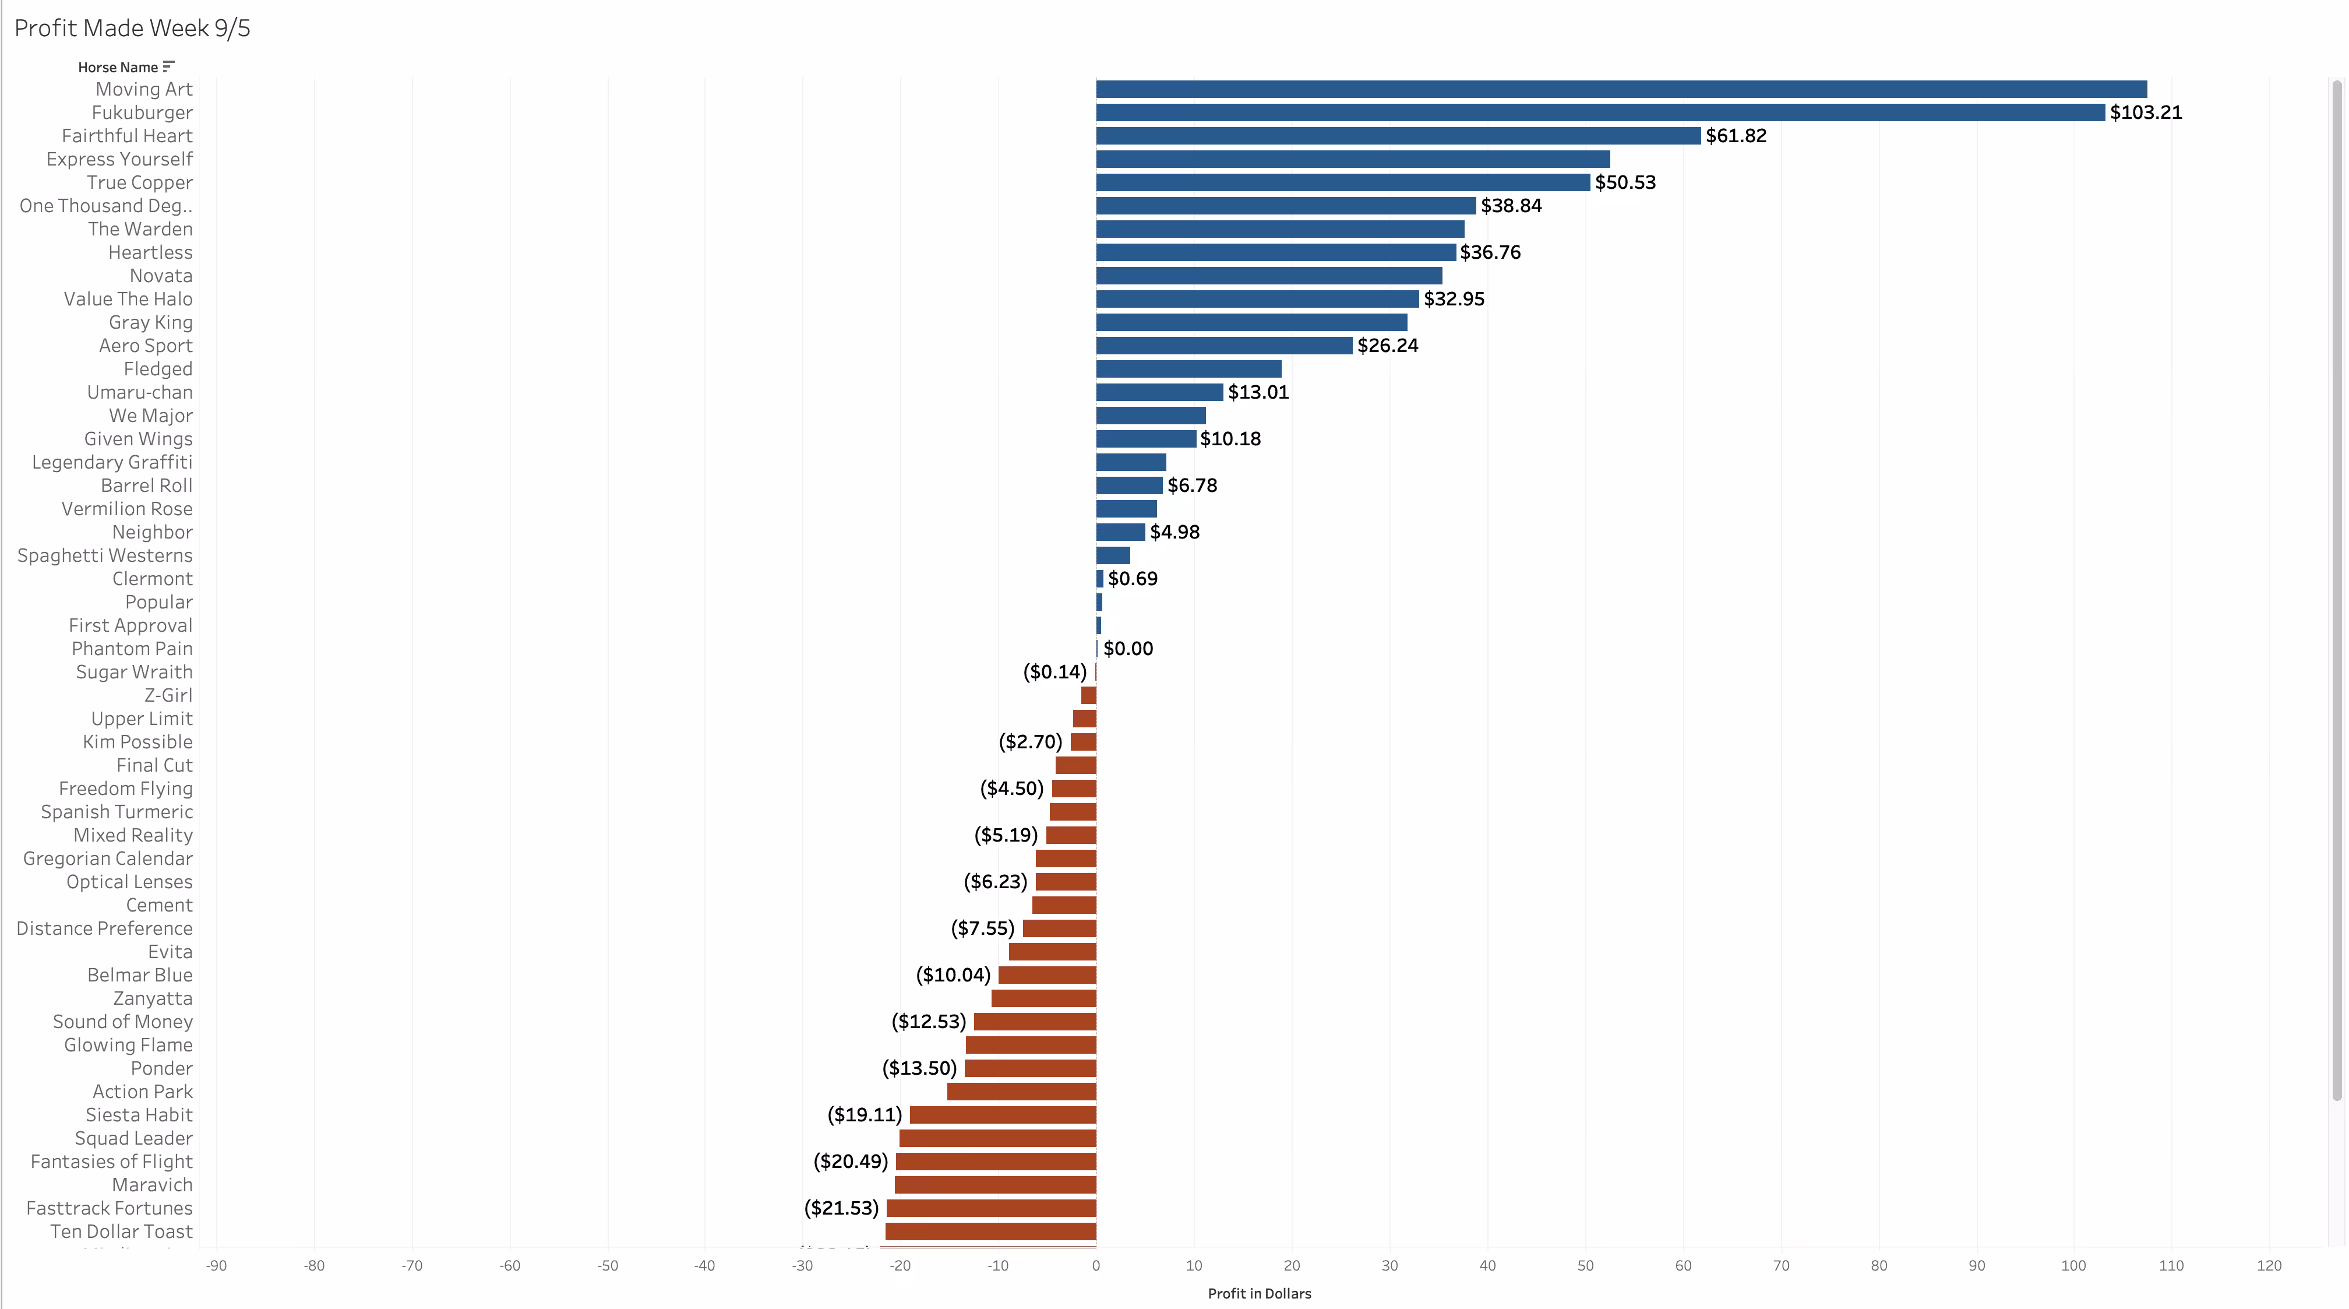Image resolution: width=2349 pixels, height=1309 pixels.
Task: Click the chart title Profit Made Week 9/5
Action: [x=132, y=29]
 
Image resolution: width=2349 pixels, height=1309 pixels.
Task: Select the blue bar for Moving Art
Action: [x=1621, y=89]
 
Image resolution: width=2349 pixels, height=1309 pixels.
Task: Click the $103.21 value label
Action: [x=2146, y=112]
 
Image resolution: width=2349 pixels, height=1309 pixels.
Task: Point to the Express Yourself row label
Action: [x=119, y=159]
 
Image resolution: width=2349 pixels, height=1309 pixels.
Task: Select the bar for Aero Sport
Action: [x=1225, y=346]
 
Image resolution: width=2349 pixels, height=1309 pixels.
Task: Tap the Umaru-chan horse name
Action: [x=139, y=392]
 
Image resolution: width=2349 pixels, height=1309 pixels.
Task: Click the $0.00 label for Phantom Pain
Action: [x=1128, y=649]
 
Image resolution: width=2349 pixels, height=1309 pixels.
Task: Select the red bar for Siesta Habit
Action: [x=1003, y=1115]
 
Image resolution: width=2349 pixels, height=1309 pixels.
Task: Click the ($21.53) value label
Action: [x=841, y=1208]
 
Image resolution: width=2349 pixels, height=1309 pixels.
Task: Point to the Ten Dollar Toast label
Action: [x=121, y=1231]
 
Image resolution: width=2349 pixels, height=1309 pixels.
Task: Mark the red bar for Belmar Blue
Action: [x=1047, y=975]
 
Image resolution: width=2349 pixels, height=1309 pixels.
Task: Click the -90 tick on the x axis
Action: [x=216, y=1265]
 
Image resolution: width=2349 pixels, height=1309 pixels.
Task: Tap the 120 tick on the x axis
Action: [x=2269, y=1265]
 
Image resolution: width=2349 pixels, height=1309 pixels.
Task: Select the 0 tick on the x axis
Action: [x=1096, y=1265]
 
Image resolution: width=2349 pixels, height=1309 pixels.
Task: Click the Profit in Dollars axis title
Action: [x=1260, y=1293]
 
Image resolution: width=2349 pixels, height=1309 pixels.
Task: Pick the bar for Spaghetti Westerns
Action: [x=1113, y=555]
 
